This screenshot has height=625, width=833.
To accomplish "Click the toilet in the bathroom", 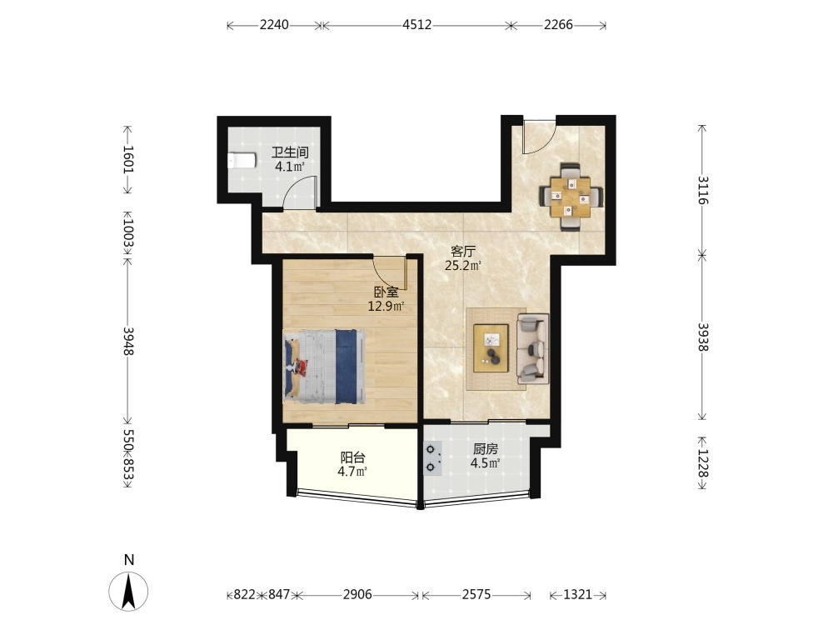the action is (x=242, y=161).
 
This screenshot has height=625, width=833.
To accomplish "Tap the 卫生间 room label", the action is (x=290, y=152).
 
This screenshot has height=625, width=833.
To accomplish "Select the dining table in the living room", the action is (x=571, y=197).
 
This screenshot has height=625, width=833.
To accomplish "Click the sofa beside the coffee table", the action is (x=533, y=348).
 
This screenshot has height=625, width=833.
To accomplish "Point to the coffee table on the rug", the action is (x=491, y=348).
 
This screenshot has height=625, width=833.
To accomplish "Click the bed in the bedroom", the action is (x=325, y=367).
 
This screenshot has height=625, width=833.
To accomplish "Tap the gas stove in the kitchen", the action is (x=431, y=458).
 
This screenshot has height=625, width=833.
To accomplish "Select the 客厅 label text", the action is (x=462, y=251).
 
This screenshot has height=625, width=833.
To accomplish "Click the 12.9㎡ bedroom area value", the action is (x=387, y=306).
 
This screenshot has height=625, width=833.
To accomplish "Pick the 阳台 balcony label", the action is (x=352, y=457).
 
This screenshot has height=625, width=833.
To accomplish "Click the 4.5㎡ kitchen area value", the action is (x=485, y=463).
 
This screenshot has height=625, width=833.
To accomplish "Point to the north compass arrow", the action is (x=128, y=591).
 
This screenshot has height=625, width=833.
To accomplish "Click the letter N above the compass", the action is (x=128, y=560).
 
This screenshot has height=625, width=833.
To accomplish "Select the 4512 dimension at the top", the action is (x=417, y=25).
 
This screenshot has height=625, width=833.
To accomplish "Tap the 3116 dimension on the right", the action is (x=703, y=190).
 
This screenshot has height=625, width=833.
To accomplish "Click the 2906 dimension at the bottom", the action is (x=357, y=594).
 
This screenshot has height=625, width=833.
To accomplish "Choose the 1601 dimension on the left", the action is (x=128, y=159).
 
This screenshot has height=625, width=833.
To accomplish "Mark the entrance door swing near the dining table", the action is (x=539, y=139).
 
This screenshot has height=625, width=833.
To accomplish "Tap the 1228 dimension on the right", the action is (x=703, y=463).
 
